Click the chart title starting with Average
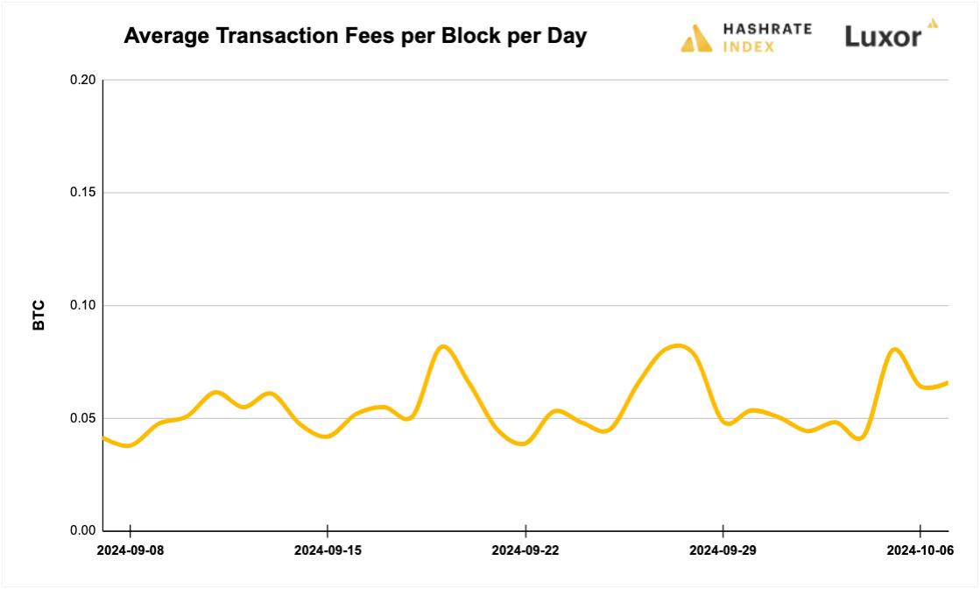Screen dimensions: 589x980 355,36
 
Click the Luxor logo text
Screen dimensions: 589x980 882,37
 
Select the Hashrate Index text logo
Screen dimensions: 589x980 767,38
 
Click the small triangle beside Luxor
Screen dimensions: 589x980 933,24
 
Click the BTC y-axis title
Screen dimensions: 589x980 39,316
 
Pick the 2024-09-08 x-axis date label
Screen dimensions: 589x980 130,550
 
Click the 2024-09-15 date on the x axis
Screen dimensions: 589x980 327,550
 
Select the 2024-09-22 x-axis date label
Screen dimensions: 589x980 525,550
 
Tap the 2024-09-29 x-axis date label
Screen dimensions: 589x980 723,550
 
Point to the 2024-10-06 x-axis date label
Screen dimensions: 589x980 920,550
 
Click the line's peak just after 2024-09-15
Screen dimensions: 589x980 443,346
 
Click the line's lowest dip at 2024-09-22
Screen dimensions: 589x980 523,444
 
